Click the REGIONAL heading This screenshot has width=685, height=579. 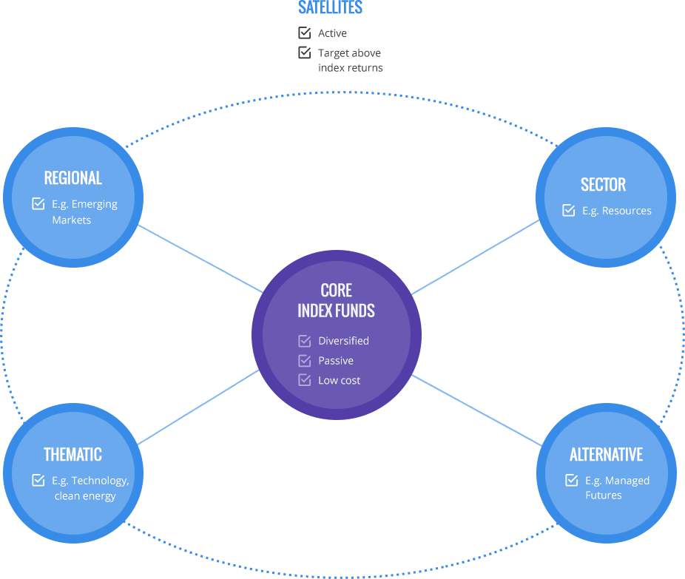[72, 178]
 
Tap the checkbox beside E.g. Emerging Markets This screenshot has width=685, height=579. [38, 203]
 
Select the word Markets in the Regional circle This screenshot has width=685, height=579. [72, 220]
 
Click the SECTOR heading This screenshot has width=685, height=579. [603, 185]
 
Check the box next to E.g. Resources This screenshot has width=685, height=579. [569, 210]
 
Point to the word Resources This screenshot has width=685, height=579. [627, 211]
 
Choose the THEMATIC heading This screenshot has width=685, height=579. [72, 455]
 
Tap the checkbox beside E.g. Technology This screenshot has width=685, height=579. [38, 480]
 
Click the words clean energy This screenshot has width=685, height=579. [85, 496]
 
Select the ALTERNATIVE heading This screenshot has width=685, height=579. [606, 455]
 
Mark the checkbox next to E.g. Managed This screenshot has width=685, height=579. [572, 480]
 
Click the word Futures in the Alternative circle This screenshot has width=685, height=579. [604, 495]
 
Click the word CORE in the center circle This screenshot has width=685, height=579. [336, 291]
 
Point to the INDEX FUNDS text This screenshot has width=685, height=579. [336, 311]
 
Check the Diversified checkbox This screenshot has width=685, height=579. [304, 341]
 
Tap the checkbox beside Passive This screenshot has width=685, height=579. [304, 361]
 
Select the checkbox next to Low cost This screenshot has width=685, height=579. [304, 380]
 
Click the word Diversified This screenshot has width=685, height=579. [343, 341]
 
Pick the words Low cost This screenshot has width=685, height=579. [340, 381]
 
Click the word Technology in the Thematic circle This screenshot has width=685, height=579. [99, 481]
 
